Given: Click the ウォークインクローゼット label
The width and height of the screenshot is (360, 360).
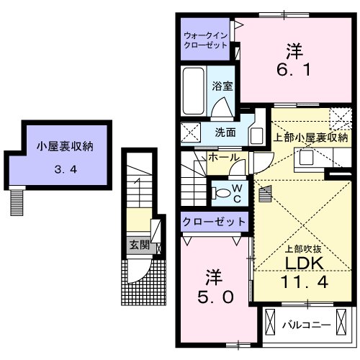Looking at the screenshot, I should [x=205, y=39].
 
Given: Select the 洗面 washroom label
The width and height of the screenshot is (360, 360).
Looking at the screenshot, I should [x=225, y=132].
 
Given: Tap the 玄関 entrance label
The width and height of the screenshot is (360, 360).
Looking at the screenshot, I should [x=139, y=245].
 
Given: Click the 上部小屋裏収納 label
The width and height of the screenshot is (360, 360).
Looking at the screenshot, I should [x=310, y=136].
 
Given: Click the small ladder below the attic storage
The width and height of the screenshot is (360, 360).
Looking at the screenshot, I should [x=16, y=202].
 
